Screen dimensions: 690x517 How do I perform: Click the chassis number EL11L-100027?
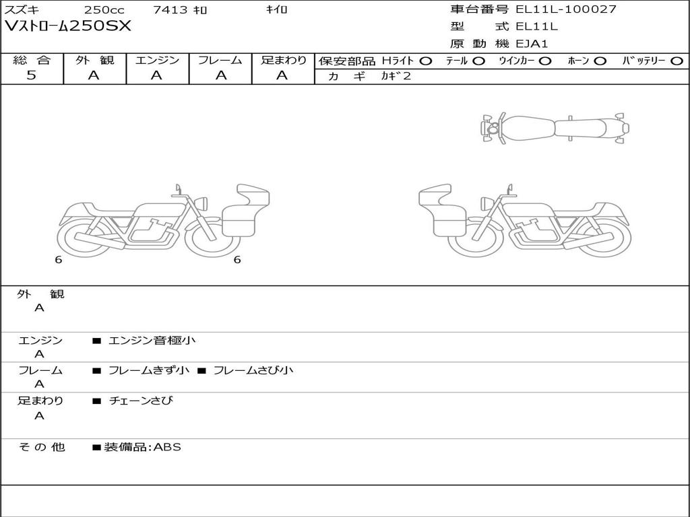[566, 9]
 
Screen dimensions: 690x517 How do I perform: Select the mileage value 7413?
[170, 9]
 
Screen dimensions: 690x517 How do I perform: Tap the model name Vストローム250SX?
[68, 26]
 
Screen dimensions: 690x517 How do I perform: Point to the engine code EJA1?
[532, 44]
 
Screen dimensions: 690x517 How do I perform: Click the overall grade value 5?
[31, 75]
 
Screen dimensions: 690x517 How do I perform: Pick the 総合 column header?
[32, 60]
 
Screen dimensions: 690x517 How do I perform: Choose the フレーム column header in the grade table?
[220, 60]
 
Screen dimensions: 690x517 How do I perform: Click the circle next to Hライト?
[426, 61]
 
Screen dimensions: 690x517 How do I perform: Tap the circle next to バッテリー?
[677, 61]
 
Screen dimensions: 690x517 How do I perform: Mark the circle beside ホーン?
[600, 61]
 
